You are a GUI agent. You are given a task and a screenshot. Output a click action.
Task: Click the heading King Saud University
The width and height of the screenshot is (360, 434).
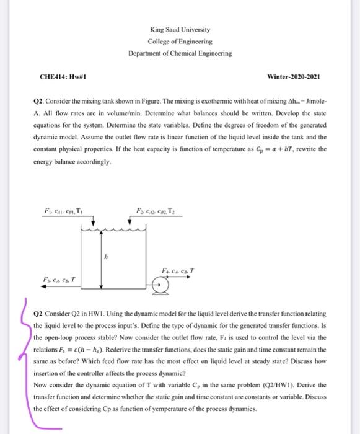(180, 29)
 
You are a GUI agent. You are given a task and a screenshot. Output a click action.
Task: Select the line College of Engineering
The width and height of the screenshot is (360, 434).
(180, 42)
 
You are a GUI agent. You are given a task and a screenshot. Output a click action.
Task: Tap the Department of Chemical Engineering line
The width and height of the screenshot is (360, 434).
(180, 54)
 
